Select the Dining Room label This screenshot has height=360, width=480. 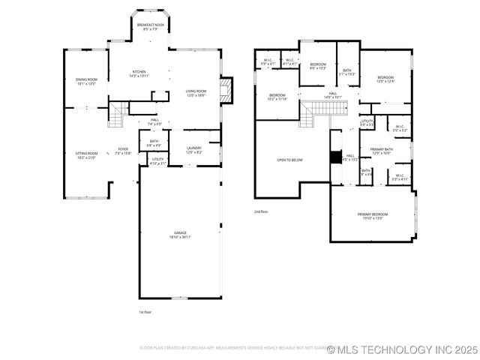(86, 82)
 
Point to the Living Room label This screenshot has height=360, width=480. (196, 93)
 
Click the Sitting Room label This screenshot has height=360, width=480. (86, 155)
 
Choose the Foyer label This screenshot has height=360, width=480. (122, 151)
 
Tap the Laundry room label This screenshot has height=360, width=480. (193, 150)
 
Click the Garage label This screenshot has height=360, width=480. (181, 235)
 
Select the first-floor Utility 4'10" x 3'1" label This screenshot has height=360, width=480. (157, 160)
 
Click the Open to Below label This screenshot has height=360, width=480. (289, 160)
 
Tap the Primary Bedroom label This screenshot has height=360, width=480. (372, 216)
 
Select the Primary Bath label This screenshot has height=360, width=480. (382, 151)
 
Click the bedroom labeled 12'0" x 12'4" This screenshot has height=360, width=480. (385, 79)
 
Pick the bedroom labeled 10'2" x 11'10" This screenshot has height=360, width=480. (277, 96)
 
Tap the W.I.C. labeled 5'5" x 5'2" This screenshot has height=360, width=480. (400, 128)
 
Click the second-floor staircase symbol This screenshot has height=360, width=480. (325, 108)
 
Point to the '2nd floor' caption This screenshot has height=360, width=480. (261, 212)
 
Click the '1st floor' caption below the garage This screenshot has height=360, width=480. (145, 311)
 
